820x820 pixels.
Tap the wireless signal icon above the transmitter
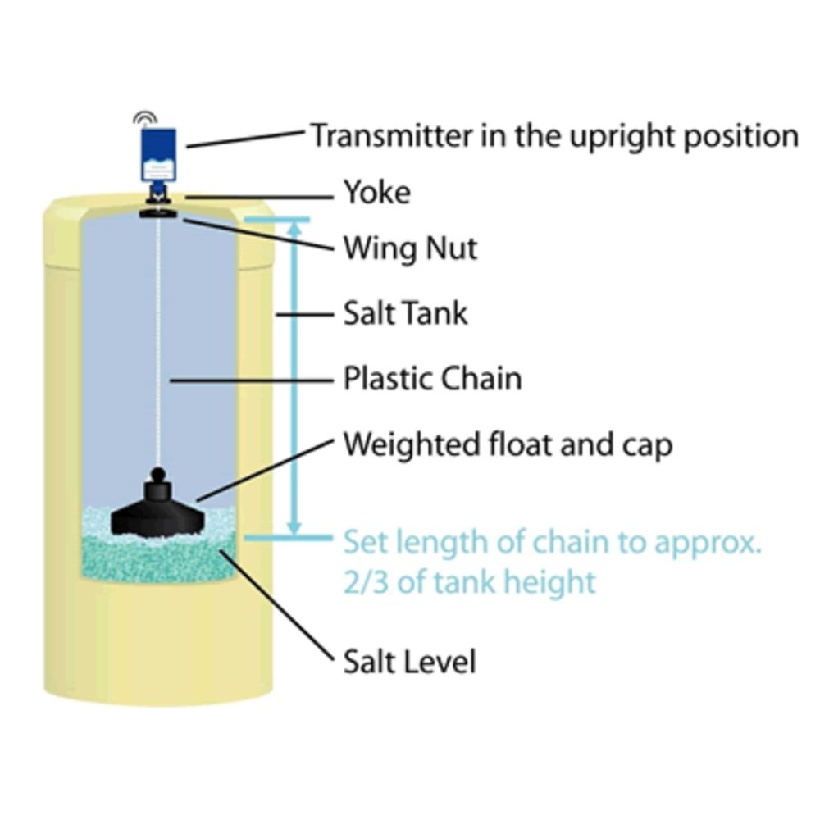coord(144,119)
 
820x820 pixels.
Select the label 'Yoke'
coord(376,194)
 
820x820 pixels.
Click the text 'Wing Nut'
coord(409,247)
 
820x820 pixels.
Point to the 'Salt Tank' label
coord(405,313)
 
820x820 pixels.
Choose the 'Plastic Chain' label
coord(431,379)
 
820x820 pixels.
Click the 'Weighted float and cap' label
coord(508,444)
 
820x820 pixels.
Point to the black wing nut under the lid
coord(159,214)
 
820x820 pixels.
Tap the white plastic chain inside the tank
coord(159,344)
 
